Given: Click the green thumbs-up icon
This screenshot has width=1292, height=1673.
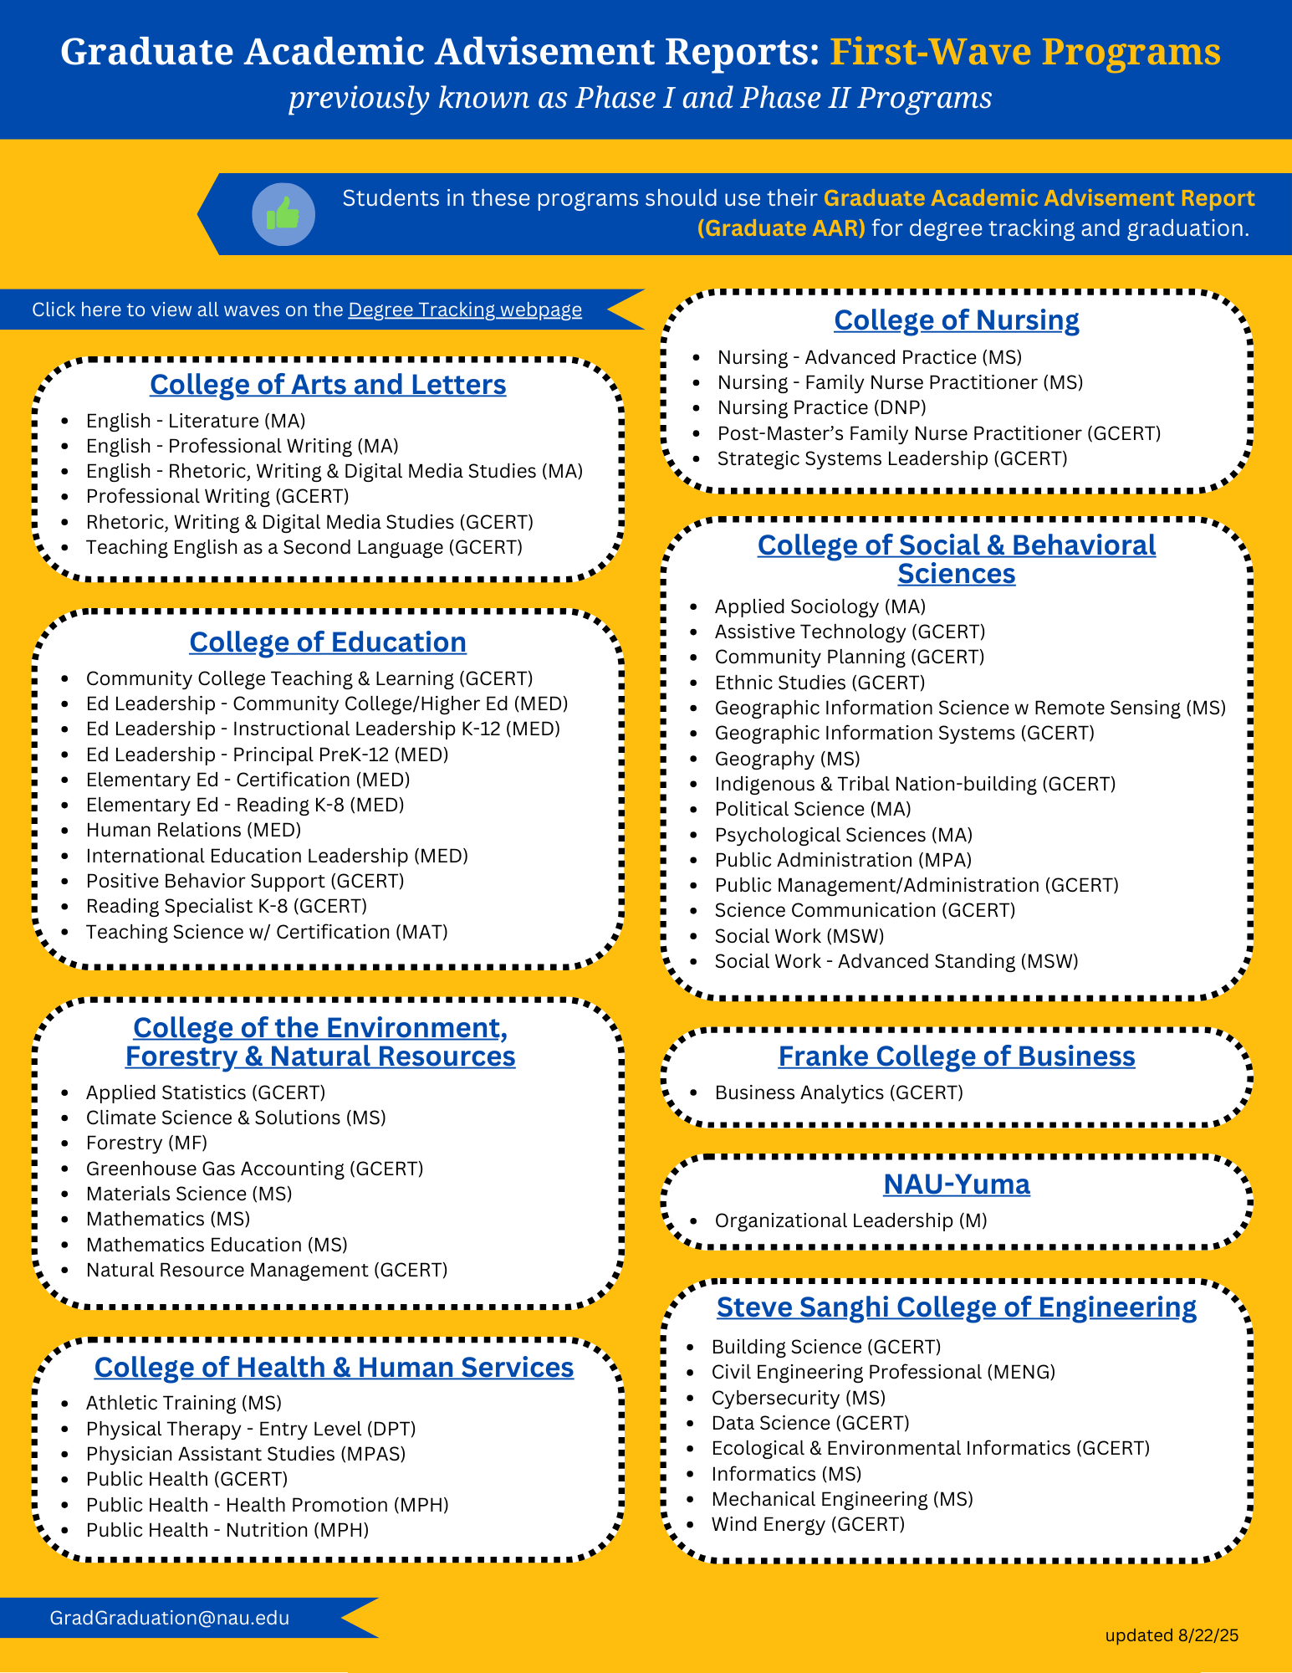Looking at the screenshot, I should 283,214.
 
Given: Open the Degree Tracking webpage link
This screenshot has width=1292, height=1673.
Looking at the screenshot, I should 464,310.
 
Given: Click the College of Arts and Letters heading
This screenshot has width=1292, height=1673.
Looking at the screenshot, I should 328,384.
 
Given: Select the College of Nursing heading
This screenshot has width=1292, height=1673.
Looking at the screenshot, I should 956,320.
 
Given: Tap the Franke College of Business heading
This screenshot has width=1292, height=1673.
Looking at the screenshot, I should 956,1056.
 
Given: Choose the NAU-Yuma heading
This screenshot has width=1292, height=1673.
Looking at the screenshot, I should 956,1184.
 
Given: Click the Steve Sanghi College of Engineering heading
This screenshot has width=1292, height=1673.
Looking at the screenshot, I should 956,1307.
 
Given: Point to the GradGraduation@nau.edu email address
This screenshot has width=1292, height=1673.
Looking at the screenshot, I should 170,1618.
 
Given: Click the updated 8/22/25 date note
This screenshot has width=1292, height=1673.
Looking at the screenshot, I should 1172,1635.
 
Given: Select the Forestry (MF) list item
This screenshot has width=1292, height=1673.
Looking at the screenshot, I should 146,1143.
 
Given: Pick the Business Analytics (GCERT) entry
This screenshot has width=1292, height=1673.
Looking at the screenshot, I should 838,1092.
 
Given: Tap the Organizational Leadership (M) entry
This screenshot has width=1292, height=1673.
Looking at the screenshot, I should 850,1220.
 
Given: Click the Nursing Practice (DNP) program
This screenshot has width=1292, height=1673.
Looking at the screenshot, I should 821,407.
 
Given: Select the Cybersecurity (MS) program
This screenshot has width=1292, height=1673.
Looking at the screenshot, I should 798,1398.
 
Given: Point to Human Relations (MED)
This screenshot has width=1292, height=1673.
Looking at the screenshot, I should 193,830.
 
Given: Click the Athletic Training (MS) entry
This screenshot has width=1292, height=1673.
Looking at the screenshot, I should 183,1403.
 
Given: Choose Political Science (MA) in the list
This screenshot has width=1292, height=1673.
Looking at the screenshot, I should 812,809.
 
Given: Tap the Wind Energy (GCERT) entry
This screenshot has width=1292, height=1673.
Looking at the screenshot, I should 808,1524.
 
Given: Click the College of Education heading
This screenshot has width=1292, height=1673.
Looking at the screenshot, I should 328,642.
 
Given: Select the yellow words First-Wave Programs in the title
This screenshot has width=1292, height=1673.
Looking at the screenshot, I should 1024,52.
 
